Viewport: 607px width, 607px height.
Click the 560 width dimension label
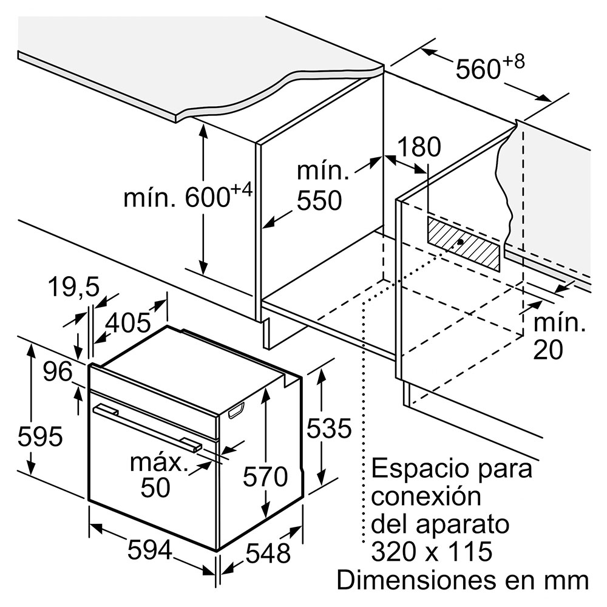(x=490, y=67)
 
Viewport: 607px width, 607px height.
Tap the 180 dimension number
(x=419, y=147)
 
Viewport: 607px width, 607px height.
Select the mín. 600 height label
(x=188, y=195)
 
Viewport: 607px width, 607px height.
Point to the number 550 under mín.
(x=319, y=200)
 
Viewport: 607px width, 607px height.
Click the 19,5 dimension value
(x=73, y=287)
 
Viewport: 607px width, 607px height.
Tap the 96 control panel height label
(x=57, y=371)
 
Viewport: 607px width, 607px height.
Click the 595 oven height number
(x=40, y=436)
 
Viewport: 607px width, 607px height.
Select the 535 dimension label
(x=329, y=428)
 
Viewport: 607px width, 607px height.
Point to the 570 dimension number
(x=265, y=476)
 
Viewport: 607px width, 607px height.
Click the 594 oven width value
(x=150, y=550)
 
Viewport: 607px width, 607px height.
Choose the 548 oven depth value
(x=268, y=553)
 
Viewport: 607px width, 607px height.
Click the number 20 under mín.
(x=548, y=350)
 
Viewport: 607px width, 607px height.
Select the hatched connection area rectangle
(x=464, y=244)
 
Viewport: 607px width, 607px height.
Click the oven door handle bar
(x=147, y=427)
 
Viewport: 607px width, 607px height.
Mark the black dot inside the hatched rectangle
(x=460, y=242)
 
